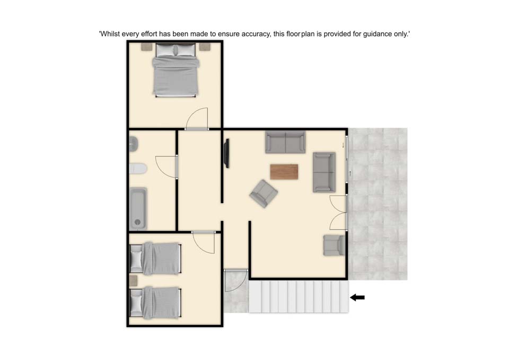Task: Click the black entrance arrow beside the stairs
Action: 357,297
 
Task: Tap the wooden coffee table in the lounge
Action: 284,172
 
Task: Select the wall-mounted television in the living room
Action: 226,153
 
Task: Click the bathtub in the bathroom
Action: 138,208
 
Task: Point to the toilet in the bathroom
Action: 138,169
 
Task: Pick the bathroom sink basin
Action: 134,144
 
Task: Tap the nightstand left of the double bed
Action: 147,47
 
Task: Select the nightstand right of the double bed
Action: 205,47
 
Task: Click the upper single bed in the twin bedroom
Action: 155,258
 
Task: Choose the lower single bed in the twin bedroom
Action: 155,303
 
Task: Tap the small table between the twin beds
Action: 134,281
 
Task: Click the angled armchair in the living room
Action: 264,194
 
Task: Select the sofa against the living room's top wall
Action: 285,142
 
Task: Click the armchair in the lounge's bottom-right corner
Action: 334,245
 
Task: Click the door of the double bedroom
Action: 197,118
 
